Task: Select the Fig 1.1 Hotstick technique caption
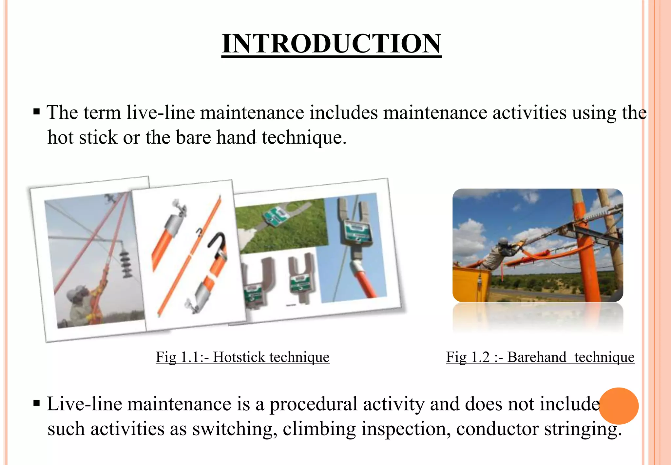(x=242, y=357)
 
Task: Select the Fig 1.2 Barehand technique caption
(x=540, y=357)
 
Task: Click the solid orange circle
(x=619, y=406)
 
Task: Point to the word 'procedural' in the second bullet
(x=313, y=404)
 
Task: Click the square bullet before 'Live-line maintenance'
(x=37, y=403)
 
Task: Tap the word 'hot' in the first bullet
(x=60, y=137)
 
